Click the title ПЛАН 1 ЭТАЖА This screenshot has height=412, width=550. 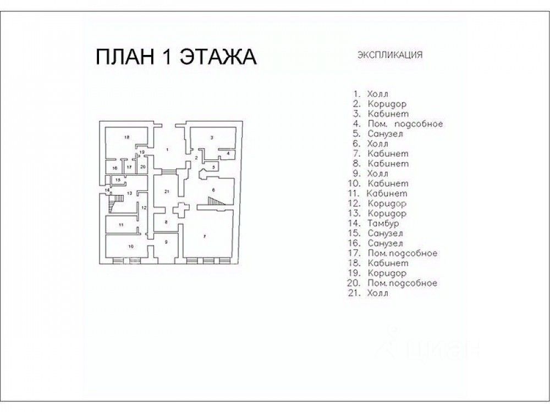[x=177, y=57]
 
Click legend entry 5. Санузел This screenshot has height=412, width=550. [x=379, y=133]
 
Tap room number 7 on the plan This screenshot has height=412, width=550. [x=204, y=236]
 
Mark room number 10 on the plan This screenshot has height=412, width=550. [x=130, y=247]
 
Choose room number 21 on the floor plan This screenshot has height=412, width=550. [x=166, y=191]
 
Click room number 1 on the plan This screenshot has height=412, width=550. [x=167, y=149]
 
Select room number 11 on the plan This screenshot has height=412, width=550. [x=120, y=225]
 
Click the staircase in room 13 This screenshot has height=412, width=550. [x=114, y=204]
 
